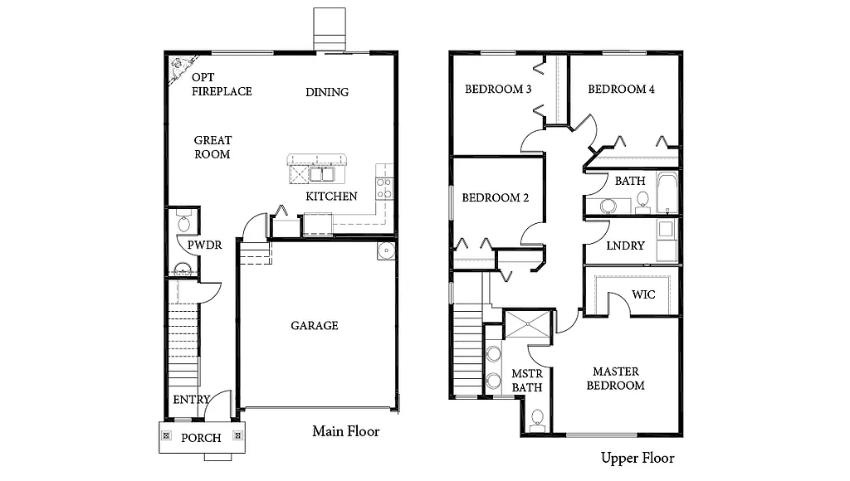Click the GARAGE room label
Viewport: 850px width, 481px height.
(x=314, y=326)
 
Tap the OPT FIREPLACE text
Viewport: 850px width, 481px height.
(x=222, y=85)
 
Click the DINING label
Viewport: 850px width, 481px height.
(x=327, y=92)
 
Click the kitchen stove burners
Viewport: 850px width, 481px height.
(x=383, y=187)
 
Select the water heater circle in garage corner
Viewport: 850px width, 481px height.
(x=386, y=250)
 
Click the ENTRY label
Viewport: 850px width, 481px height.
(x=191, y=400)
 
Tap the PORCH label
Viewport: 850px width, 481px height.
(x=202, y=438)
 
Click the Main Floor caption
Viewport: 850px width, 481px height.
(x=345, y=431)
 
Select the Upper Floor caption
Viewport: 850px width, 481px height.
(x=637, y=458)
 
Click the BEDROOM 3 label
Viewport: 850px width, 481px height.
(x=498, y=90)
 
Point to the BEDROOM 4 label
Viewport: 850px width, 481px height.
(x=621, y=90)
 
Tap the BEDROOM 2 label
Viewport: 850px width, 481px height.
(x=495, y=198)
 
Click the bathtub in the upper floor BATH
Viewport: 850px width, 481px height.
(x=667, y=193)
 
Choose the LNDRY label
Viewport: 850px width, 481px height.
(x=626, y=246)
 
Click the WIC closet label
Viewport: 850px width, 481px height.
(x=643, y=294)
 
